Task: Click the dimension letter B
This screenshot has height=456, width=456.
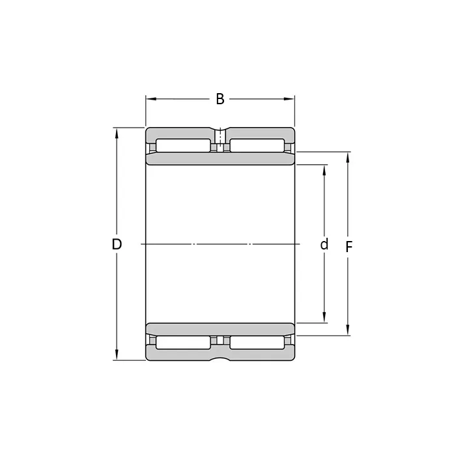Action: pyautogui.click(x=220, y=99)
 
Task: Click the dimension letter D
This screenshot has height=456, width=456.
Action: pyautogui.click(x=117, y=244)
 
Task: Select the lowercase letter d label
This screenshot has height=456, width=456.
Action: pyautogui.click(x=324, y=244)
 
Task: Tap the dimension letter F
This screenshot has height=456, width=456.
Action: pyautogui.click(x=349, y=247)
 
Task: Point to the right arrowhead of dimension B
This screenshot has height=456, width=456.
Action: pyautogui.click(x=289, y=99)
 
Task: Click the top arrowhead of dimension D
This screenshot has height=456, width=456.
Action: pyautogui.click(x=117, y=134)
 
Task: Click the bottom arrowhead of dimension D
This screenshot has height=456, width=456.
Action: pyautogui.click(x=117, y=355)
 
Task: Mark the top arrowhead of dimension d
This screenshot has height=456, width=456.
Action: pyautogui.click(x=324, y=171)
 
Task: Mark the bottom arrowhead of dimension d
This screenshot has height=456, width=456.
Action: pyautogui.click(x=324, y=317)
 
